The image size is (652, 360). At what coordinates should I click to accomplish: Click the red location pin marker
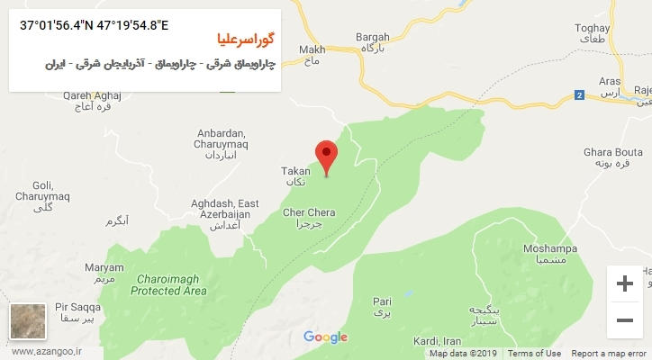pos(325,156)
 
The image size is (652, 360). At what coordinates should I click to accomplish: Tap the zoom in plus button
pos(623,283)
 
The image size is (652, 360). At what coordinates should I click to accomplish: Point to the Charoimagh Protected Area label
pos(168,285)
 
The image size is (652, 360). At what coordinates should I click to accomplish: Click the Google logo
pos(325,337)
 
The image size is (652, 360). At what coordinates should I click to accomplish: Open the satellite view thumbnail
pos(24,321)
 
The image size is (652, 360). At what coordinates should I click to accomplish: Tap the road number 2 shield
pos(578,94)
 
